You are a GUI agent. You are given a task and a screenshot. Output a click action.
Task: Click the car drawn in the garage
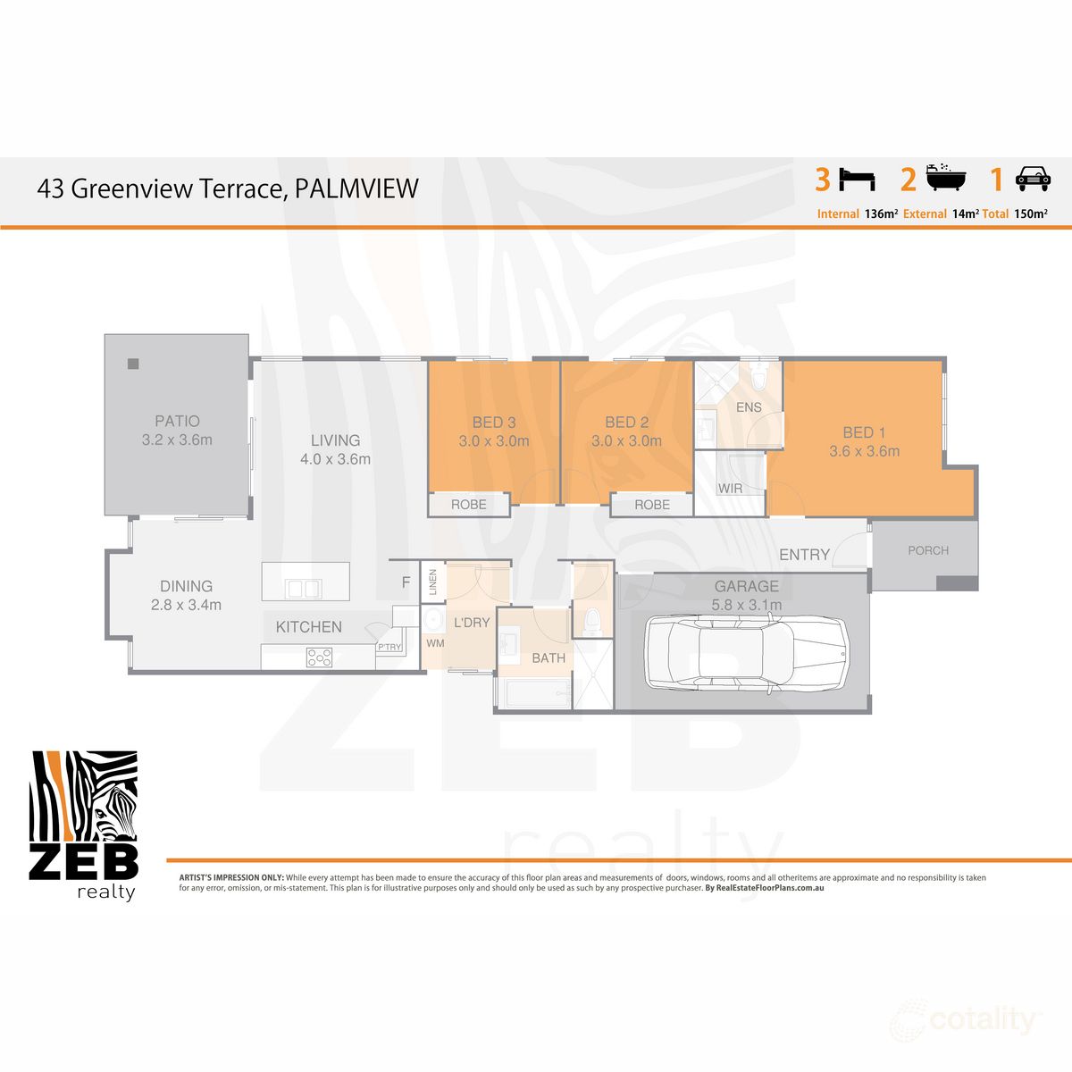(x=746, y=653)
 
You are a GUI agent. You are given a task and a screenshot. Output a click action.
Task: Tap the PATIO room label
(x=177, y=421)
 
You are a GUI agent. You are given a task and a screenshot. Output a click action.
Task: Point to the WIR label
(x=730, y=489)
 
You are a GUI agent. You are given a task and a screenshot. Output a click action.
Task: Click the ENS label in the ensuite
(x=749, y=407)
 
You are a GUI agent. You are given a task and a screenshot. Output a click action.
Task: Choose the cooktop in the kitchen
(x=319, y=657)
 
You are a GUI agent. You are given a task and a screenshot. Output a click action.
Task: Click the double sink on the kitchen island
(x=302, y=589)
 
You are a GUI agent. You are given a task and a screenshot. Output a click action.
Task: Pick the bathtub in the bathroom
(x=533, y=693)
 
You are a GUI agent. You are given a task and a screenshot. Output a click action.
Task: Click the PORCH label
(x=928, y=550)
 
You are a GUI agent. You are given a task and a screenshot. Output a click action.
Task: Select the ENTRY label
(x=804, y=555)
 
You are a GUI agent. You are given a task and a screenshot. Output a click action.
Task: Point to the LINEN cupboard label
(x=433, y=582)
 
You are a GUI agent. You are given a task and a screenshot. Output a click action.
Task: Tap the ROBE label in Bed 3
(x=468, y=505)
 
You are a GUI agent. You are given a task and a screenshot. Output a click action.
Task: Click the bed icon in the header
(x=858, y=180)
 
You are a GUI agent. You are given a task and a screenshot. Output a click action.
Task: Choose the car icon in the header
(x=1033, y=180)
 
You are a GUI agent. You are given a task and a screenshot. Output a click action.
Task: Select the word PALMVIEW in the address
(x=356, y=188)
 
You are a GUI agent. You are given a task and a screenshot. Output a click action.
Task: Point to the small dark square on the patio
(x=133, y=364)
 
